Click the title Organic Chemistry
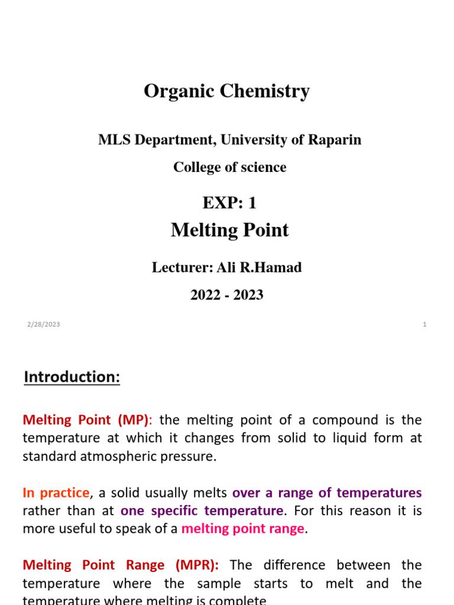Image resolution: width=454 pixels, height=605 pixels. pyautogui.click(x=226, y=92)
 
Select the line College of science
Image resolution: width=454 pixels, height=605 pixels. pyautogui.click(x=229, y=167)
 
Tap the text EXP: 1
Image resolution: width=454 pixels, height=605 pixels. pyautogui.click(x=229, y=203)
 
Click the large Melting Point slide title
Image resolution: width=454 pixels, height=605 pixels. pyautogui.click(x=229, y=230)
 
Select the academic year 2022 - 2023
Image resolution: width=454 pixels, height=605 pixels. pyautogui.click(x=227, y=295)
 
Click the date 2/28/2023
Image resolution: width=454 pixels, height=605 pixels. pyautogui.click(x=43, y=324)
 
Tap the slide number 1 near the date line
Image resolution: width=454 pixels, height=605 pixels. pyautogui.click(x=424, y=324)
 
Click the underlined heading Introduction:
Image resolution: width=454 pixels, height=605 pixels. pyautogui.click(x=72, y=377)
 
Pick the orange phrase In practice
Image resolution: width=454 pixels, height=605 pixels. pyautogui.click(x=56, y=493)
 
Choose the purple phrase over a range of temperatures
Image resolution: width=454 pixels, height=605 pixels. pyautogui.click(x=327, y=493)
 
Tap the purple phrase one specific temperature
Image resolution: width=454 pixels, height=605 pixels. pyautogui.click(x=202, y=510)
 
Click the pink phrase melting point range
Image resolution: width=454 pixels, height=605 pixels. pyautogui.click(x=242, y=528)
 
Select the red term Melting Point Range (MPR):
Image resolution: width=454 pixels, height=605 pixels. pyautogui.click(x=121, y=565)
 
